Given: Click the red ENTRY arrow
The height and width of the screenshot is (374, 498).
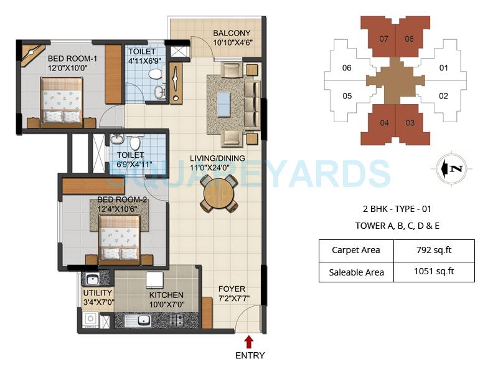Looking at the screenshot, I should (x=249, y=342).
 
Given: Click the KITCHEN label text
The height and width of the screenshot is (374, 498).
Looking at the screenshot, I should (x=166, y=295).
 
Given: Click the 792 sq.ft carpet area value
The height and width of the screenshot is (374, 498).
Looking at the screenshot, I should (x=433, y=251).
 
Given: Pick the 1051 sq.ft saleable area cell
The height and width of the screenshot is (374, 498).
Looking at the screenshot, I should (x=433, y=271).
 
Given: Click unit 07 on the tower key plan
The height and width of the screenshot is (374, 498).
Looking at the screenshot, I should (x=384, y=39).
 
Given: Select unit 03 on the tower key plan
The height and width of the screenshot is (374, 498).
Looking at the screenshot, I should (x=409, y=123).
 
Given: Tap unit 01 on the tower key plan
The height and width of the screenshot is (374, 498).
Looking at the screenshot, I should (x=443, y=67).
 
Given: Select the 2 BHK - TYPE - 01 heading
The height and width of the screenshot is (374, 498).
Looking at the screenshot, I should (x=397, y=209).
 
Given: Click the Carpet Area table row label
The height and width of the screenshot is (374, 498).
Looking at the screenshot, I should (x=356, y=251).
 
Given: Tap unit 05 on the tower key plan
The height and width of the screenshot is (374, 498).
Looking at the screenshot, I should (x=347, y=96).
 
